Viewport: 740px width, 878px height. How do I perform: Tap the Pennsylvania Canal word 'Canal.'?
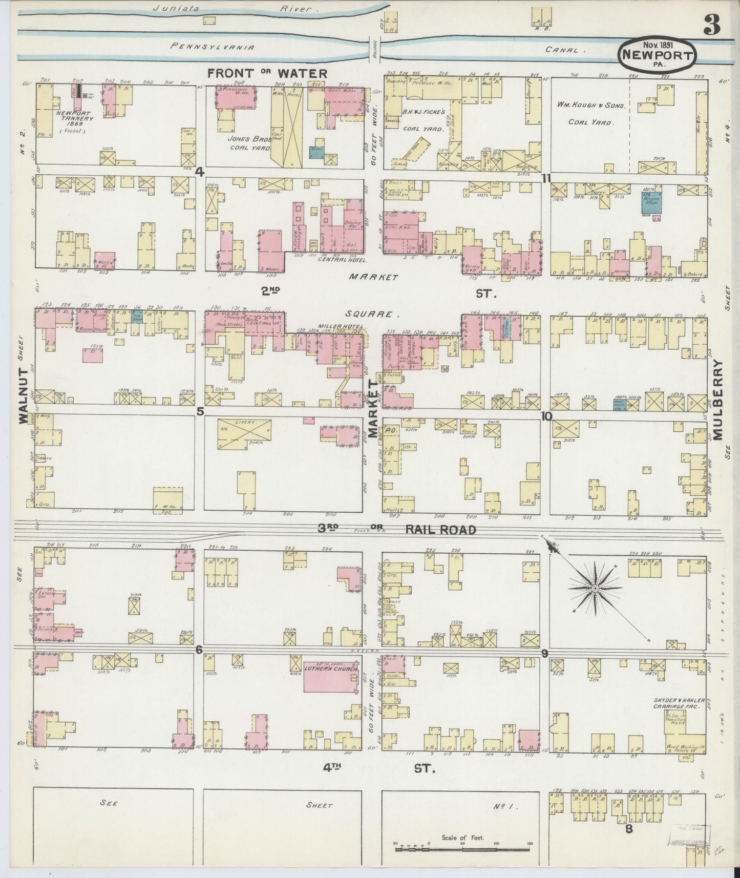coord(566,50)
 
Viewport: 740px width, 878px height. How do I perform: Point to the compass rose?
coord(595,590)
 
